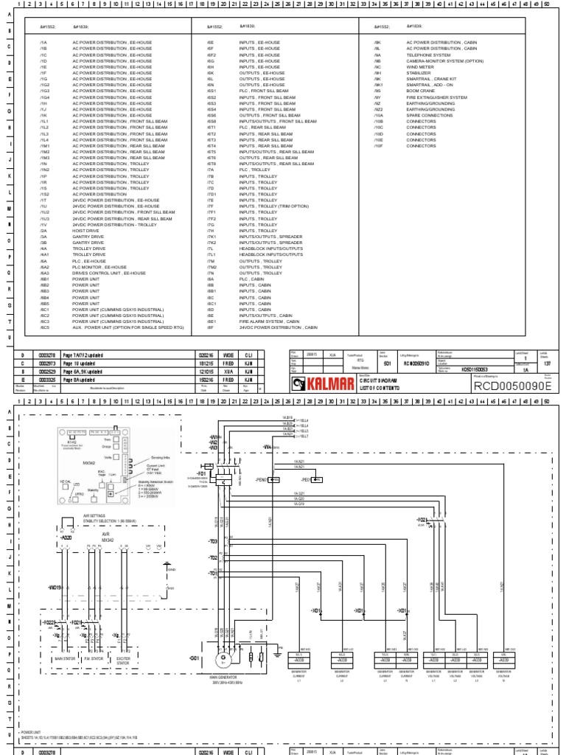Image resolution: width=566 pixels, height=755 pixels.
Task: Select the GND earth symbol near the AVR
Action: pyautogui.click(x=170, y=570)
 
